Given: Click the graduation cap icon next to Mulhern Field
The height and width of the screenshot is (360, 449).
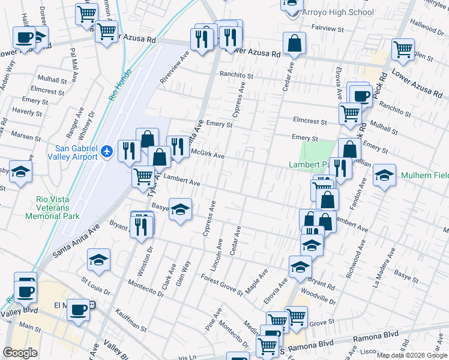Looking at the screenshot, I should click(385, 175).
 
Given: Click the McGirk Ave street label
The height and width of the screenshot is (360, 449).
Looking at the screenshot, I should click(207, 154).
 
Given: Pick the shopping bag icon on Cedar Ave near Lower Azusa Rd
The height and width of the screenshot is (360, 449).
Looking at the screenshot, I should click(294, 43).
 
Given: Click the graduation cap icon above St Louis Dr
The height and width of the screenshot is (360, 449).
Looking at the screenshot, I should click(99, 260).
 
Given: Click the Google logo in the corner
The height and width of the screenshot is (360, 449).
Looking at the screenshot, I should click(20, 353).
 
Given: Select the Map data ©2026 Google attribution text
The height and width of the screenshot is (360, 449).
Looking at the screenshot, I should click(412, 355).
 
